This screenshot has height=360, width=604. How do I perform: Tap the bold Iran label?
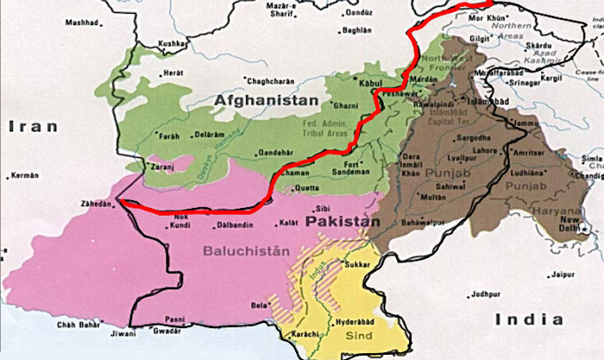(x=33, y=126)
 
